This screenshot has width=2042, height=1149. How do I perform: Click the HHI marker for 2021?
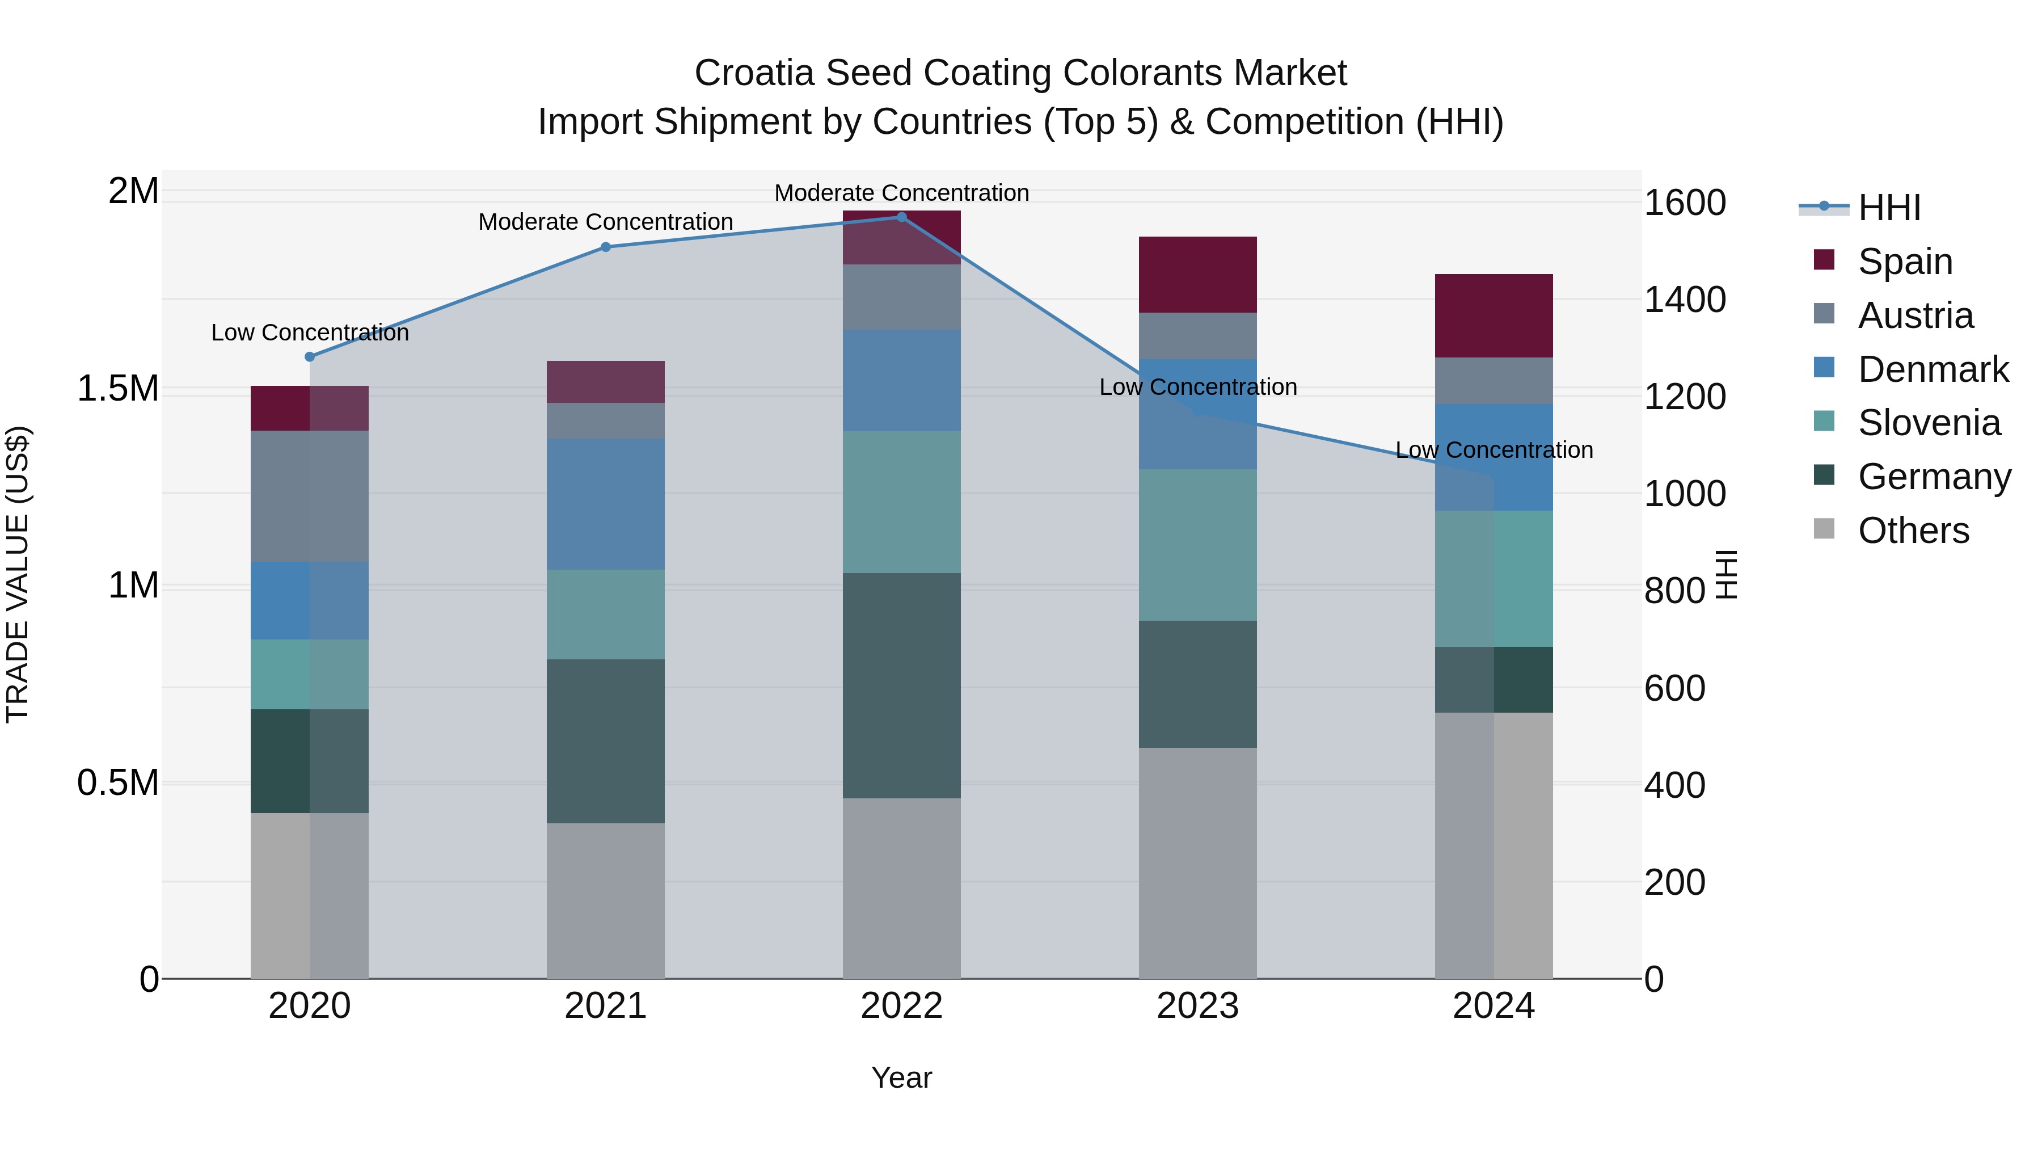pyautogui.click(x=606, y=247)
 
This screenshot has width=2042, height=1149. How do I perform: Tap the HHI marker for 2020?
pyautogui.click(x=310, y=357)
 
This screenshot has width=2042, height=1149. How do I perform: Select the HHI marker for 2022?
pyautogui.click(x=901, y=217)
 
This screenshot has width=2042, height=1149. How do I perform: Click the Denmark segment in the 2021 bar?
pyautogui.click(x=606, y=504)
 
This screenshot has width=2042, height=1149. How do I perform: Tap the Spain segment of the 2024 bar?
pyautogui.click(x=1493, y=315)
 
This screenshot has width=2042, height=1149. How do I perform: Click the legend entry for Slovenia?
pyautogui.click(x=1928, y=423)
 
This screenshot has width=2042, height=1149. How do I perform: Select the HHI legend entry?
pyautogui.click(x=1888, y=208)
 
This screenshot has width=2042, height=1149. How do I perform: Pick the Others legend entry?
pyautogui.click(x=1912, y=531)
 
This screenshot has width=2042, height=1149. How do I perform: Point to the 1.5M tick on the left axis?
pyautogui.click(x=118, y=389)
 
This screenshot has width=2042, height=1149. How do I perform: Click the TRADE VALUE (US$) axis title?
pyautogui.click(x=18, y=574)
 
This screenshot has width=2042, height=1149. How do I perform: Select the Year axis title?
pyautogui.click(x=901, y=1078)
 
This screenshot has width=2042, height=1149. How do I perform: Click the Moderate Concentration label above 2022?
pyautogui.click(x=901, y=193)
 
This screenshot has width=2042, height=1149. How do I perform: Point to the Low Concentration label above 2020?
pyautogui.click(x=310, y=333)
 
